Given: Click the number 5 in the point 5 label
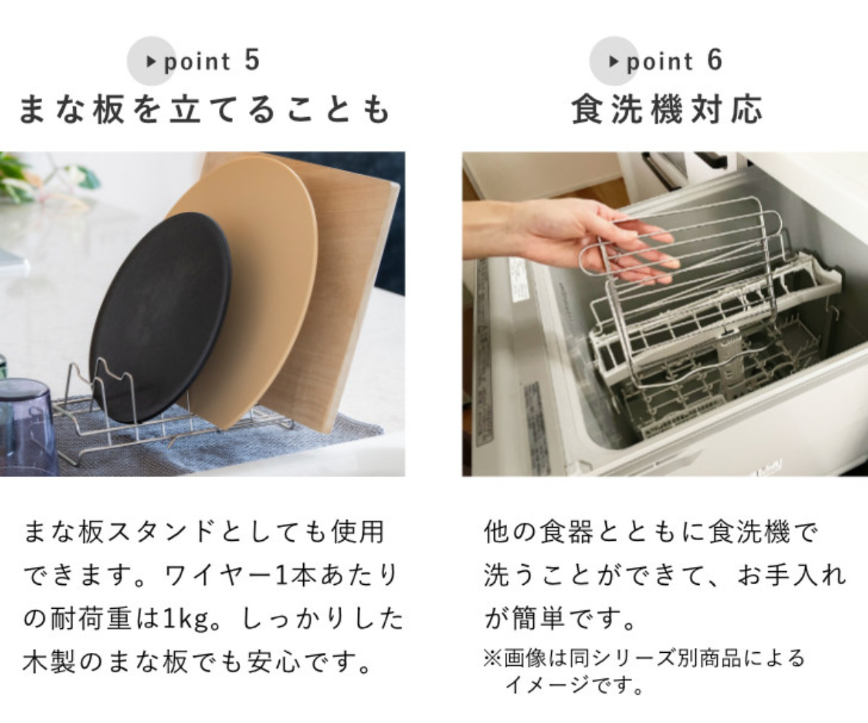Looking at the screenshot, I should [251, 61].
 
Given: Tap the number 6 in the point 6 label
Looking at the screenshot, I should [714, 61].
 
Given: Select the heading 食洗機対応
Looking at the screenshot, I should [666, 111].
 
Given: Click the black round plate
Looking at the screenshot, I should [161, 311].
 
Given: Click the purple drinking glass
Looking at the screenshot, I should [25, 427].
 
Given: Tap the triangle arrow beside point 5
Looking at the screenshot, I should [152, 61].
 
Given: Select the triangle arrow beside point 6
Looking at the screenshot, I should [615, 61].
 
